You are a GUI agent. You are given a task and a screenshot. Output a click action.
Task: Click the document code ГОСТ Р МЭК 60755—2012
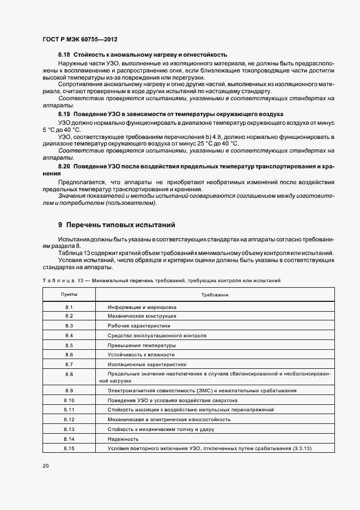[x=79, y=40]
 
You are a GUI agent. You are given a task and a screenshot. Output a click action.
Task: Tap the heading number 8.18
[x=64, y=55]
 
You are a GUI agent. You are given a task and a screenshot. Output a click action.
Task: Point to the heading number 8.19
[x=64, y=114]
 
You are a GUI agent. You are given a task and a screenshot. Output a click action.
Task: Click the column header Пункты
[x=69, y=294]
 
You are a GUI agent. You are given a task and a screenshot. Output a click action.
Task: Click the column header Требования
[x=214, y=294]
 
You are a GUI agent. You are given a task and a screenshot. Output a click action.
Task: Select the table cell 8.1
[x=69, y=307]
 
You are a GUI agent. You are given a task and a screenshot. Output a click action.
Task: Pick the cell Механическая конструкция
[x=142, y=316]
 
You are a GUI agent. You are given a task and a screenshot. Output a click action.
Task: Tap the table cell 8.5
[x=69, y=345]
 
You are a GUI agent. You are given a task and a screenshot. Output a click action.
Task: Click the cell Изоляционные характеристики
[x=147, y=364]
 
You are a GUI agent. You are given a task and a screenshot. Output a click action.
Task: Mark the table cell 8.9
[x=69, y=391]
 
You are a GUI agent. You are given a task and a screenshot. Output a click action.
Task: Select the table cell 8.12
[x=69, y=420]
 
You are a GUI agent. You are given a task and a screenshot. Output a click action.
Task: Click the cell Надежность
[x=123, y=439]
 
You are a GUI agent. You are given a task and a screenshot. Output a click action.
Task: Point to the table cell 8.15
[x=69, y=448]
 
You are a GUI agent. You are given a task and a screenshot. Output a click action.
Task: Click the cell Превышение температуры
[x=142, y=345]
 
